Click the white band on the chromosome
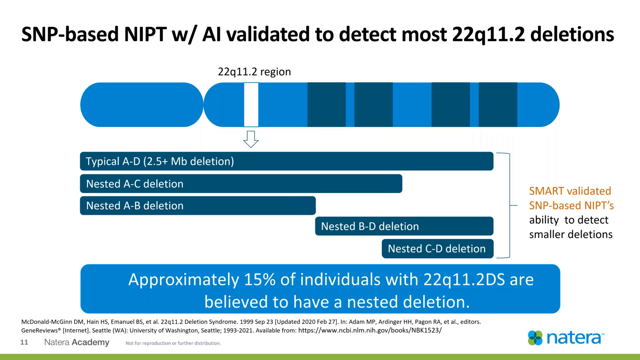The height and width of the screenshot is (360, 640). coord(251,105)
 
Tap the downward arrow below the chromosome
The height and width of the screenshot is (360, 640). coord(251,139)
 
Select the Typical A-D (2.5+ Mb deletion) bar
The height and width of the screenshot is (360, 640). coord(286,161)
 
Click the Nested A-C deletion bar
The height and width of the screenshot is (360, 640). coord(241,184)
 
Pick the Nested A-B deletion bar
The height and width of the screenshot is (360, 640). coord(197,206)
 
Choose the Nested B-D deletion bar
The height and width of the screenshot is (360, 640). coord(404,226)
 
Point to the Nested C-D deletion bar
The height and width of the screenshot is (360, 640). coord(437,249)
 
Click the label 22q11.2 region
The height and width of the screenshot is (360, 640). coord(254,72)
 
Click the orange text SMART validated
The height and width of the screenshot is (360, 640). coord(570,191)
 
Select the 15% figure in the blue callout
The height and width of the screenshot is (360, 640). coord(259,279)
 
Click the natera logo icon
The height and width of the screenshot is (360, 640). coord(535,338)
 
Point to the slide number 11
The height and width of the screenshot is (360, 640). coord(24,342)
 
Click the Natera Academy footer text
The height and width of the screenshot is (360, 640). coord(77,342)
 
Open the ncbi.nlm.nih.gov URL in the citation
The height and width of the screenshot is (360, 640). coord(370,330)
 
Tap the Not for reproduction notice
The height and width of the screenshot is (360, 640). coord(173,343)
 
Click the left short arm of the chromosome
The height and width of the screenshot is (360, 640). coord(142,105)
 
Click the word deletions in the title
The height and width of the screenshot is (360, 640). coord(572,34)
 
